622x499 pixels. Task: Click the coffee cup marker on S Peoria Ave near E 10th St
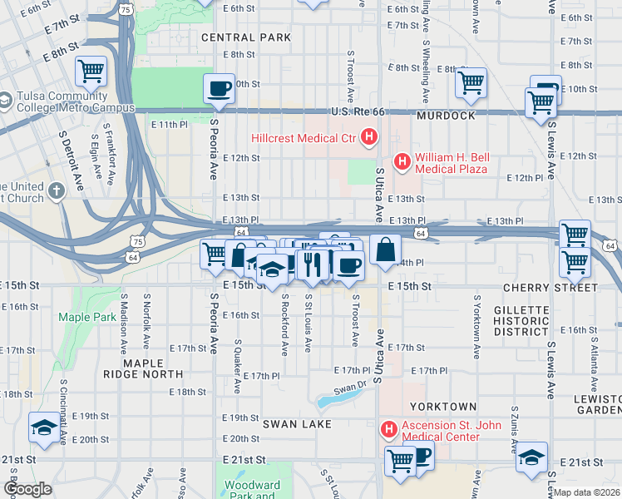[220, 88]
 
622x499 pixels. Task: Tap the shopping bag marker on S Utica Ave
[386, 249]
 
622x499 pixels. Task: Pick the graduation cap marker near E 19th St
[43, 427]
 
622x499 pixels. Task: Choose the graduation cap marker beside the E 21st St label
[532, 457]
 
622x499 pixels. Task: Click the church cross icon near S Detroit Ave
[56, 191]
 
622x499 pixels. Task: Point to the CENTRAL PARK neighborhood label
[245, 37]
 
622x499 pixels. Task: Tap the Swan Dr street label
[349, 387]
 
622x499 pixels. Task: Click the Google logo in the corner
[27, 489]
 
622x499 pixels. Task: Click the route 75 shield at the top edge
[125, 8]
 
